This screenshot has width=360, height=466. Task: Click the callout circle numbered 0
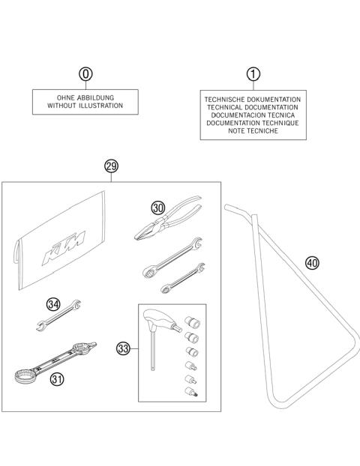coord(87,74)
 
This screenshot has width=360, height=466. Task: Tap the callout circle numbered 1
coord(253,74)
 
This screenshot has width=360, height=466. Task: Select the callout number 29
coord(112,166)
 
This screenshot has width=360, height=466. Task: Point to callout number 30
coord(157,208)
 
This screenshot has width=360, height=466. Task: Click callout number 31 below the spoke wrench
coord(56,380)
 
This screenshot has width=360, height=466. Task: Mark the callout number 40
coord(312,262)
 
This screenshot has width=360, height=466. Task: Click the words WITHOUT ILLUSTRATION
coord(88,106)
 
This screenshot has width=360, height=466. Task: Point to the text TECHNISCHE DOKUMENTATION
coord(253,99)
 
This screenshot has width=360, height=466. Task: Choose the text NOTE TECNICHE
coord(253,131)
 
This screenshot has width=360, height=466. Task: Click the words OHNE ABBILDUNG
coord(88,98)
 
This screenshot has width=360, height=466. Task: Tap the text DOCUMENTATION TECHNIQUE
coord(253,123)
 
